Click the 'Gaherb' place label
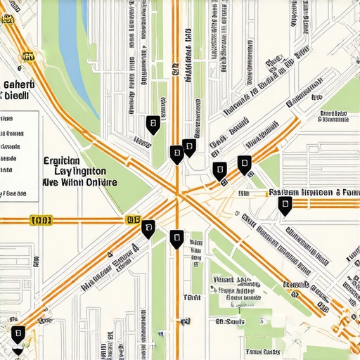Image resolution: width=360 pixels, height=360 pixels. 19,84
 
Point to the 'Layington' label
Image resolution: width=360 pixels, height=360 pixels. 80,171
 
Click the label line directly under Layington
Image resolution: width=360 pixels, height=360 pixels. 79,182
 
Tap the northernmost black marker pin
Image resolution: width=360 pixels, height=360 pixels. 152,124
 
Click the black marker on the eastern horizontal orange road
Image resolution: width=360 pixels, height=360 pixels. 285,205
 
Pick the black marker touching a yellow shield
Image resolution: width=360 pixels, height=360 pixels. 148,228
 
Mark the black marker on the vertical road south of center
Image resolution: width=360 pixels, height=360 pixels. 176,239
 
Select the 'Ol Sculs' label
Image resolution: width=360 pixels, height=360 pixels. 230,321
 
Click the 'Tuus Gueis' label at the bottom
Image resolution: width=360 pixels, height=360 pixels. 261,351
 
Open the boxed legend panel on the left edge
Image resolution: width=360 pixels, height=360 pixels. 19,153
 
